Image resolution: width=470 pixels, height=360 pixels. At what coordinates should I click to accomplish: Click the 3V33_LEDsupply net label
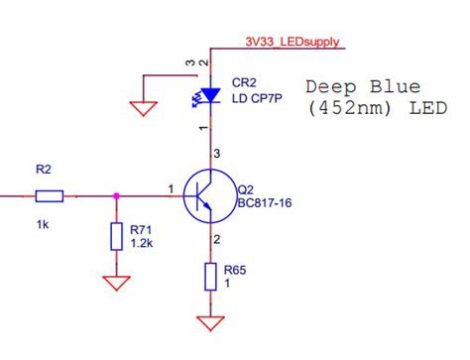coord(293,42)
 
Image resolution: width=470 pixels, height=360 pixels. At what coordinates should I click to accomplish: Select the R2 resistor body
coord(49,195)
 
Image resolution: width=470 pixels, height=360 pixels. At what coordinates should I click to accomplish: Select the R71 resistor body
coord(117,236)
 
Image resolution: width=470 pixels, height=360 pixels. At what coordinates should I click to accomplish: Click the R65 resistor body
coord(209,277)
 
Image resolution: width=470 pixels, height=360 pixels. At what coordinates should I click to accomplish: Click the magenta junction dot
coord(117,195)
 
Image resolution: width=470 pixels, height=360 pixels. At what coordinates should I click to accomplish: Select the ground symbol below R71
coord(117,283)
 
